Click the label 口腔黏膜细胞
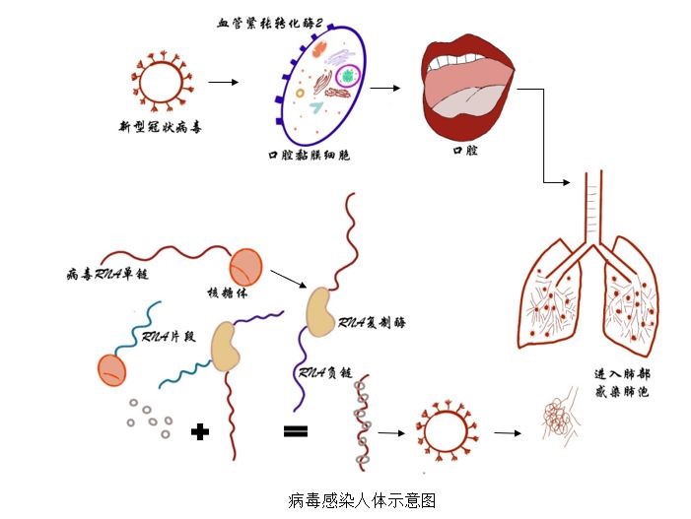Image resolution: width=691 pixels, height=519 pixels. click(310, 156)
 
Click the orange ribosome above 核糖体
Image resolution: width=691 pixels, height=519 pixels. click(247, 267)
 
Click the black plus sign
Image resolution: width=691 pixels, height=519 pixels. click(201, 430)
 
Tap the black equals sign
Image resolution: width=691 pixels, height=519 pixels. click(295, 430)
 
